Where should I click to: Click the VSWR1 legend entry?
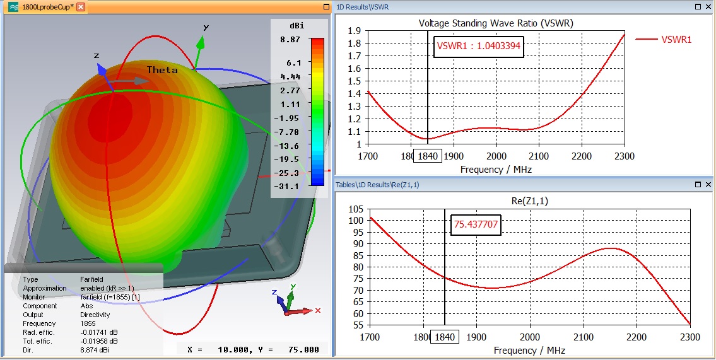point(676,39)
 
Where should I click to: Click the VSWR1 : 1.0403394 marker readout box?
point(479,46)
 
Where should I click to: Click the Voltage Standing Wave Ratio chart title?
point(496,23)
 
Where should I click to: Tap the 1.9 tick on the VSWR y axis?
point(354,30)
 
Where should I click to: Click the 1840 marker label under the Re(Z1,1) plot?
point(444,337)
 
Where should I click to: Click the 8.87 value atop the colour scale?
point(291,39)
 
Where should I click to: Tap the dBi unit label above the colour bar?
point(295,26)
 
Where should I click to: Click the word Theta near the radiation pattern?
point(162,70)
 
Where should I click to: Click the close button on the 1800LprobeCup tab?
point(81,6)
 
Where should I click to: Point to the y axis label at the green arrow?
point(206,28)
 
